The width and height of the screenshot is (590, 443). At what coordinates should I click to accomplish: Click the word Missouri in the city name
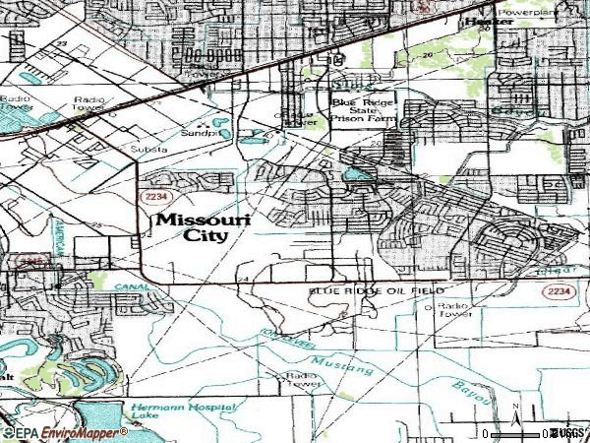point(204,220)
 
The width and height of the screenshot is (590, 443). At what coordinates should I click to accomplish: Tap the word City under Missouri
point(205,235)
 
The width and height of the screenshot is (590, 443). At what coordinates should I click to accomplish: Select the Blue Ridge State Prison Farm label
point(362,108)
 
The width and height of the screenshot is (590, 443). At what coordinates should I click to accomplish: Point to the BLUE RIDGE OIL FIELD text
point(377,292)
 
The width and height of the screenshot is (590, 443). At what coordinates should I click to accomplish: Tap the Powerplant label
point(558,13)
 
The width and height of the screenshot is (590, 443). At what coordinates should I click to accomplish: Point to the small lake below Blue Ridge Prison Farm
point(356,174)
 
